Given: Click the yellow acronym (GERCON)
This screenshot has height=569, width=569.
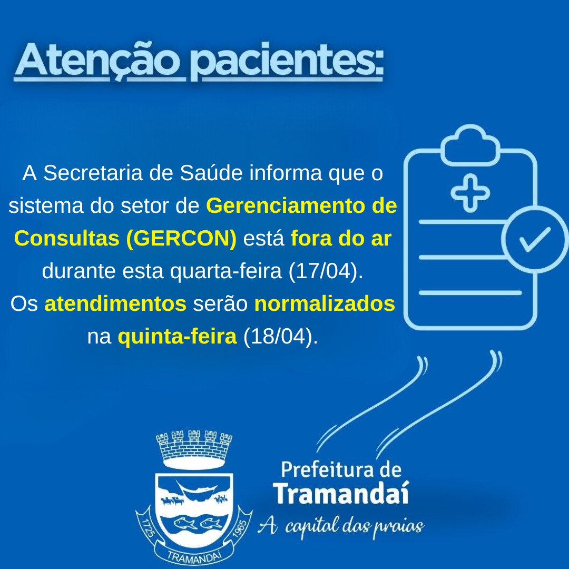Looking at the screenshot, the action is tap(181, 239).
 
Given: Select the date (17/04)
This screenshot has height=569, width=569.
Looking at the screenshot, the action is tap(326, 271).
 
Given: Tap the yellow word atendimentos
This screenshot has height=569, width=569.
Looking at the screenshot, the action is tap(115, 304).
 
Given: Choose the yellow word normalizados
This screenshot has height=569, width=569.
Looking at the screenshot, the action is tap(325, 304).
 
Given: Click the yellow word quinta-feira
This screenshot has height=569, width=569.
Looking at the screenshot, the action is tap(177, 336).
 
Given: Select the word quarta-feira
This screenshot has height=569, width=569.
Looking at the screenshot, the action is tap(226, 271).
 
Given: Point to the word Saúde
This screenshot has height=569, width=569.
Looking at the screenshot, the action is tap(211, 173).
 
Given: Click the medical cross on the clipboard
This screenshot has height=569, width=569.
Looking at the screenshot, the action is tap(470, 193).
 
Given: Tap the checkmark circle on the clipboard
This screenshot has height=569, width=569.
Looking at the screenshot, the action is tap(535, 239).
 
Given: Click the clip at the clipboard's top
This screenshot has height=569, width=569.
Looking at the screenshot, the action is tap(470, 145).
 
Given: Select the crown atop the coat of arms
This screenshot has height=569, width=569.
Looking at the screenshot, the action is tap(194, 449).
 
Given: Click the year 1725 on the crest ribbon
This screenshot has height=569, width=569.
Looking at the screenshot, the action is tap(148, 529).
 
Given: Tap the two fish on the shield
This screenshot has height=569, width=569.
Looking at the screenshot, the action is tap(198, 523).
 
